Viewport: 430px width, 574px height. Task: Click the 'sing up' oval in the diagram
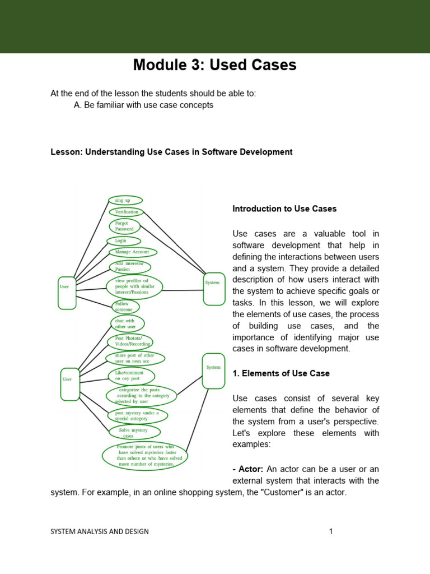pyautogui.click(x=125, y=200)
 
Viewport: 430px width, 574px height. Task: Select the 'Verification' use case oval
pyautogui.click(x=127, y=212)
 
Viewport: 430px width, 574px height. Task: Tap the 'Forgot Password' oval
pyautogui.click(x=124, y=226)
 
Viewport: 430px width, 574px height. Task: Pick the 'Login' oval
pyautogui.click(x=124, y=240)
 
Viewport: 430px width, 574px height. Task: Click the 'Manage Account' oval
pyautogui.click(x=132, y=252)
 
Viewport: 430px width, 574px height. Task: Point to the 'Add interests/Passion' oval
pyautogui.click(x=129, y=266)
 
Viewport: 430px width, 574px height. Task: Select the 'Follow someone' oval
pyautogui.click(x=125, y=307)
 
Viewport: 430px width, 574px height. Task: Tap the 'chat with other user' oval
pyautogui.click(x=127, y=323)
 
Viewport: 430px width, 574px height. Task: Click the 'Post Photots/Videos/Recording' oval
pyautogui.click(x=130, y=341)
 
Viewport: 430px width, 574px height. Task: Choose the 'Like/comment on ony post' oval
pyautogui.click(x=130, y=376)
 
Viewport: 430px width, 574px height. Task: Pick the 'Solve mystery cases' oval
pyautogui.click(x=134, y=432)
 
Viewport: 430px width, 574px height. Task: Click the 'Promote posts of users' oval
pyautogui.click(x=145, y=455)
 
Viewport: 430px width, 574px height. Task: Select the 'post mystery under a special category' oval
pyautogui.click(x=137, y=415)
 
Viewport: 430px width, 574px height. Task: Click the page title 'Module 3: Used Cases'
pyautogui.click(x=214, y=65)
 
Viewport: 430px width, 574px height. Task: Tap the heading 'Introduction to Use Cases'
pyautogui.click(x=284, y=209)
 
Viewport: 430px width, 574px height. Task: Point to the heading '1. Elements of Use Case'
pyautogui.click(x=281, y=373)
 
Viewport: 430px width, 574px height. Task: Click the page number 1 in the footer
pyautogui.click(x=331, y=531)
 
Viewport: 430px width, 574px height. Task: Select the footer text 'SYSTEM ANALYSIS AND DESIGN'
pyautogui.click(x=100, y=531)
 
